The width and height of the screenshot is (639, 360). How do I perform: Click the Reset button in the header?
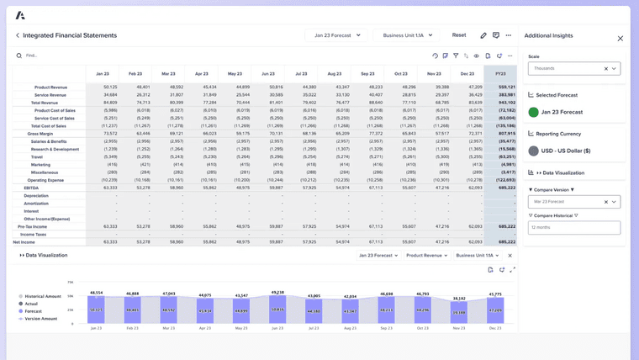point(458,35)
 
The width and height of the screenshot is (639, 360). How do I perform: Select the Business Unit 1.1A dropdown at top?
point(407,35)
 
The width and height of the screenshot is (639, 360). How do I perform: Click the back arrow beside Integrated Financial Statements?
point(17,35)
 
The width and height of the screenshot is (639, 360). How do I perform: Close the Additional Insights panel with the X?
point(621,39)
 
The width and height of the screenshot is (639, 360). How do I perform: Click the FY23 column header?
point(500,74)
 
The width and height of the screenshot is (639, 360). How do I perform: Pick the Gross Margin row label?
point(40,134)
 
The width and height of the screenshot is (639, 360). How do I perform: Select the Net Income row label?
point(24,242)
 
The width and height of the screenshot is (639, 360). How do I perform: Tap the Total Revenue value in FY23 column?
point(506,102)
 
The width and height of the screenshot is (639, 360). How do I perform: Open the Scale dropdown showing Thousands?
point(574,69)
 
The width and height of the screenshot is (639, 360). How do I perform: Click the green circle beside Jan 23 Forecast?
point(533,112)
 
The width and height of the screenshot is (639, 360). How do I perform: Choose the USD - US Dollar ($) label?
point(565,151)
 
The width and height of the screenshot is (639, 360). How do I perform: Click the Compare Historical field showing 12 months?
point(574,228)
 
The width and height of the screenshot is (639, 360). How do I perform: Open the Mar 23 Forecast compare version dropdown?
point(574,202)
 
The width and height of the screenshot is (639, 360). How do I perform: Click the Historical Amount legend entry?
point(40,296)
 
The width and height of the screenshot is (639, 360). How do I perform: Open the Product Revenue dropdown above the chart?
point(425,255)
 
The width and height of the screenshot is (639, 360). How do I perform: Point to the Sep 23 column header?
point(367,74)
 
